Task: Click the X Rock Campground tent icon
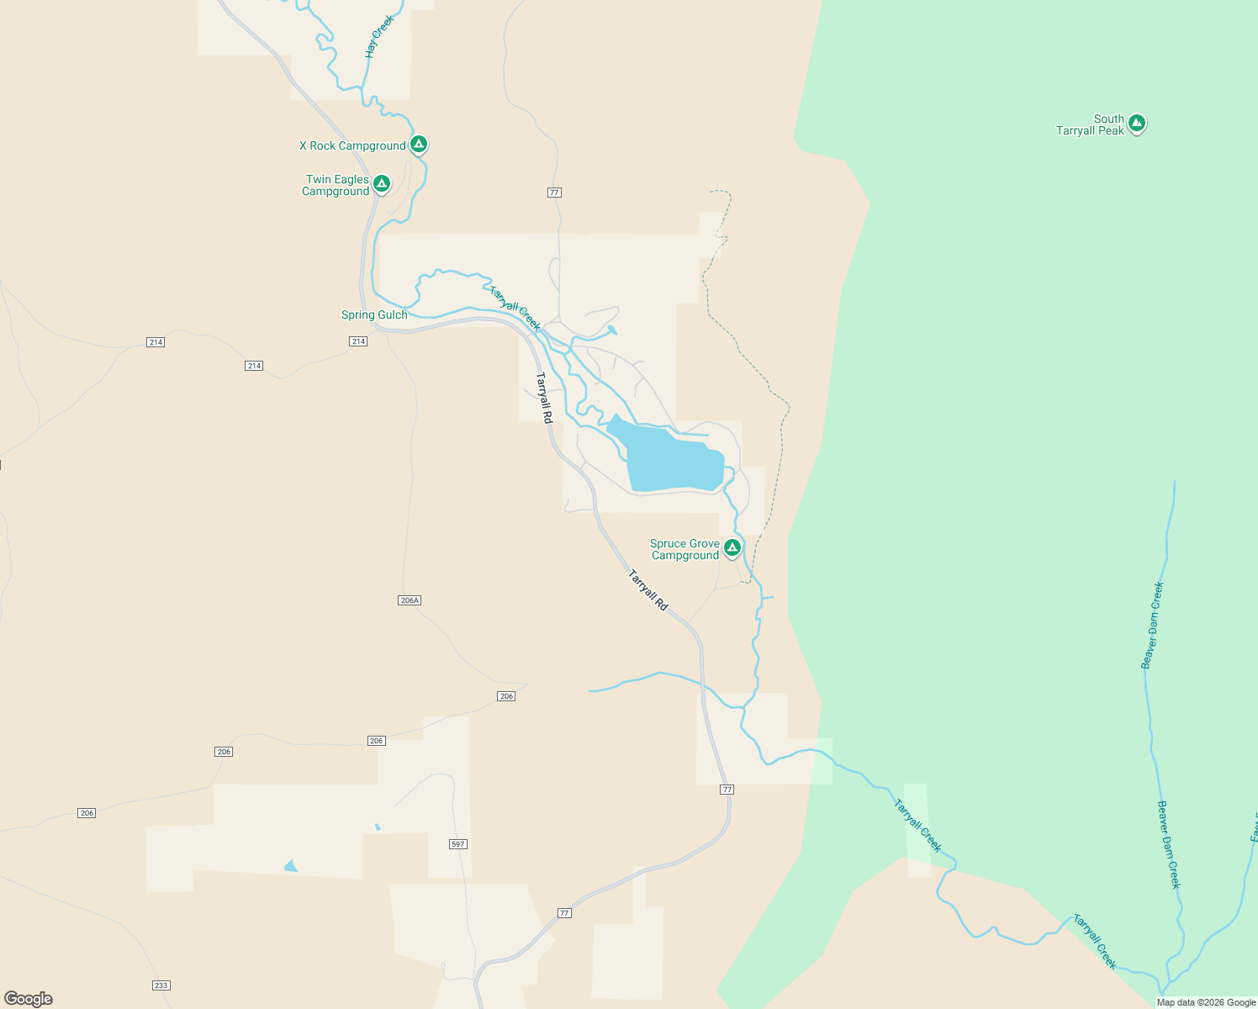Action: pyautogui.click(x=419, y=144)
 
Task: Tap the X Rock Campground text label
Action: pyautogui.click(x=352, y=145)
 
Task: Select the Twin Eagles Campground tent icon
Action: pyautogui.click(x=382, y=183)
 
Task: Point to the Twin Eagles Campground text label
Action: pyautogui.click(x=336, y=185)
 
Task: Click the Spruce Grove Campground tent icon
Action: pyautogui.click(x=732, y=548)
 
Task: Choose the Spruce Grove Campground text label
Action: pyautogui.click(x=684, y=549)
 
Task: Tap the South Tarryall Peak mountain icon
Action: pyautogui.click(x=1137, y=124)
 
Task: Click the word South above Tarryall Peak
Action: pyautogui.click(x=1108, y=119)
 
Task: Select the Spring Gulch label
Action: pyautogui.click(x=374, y=314)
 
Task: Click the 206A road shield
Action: pyautogui.click(x=410, y=600)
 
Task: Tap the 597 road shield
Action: pyautogui.click(x=457, y=843)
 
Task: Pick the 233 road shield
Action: pyautogui.click(x=161, y=985)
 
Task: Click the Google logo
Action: pyautogui.click(x=29, y=999)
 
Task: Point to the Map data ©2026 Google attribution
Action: pyautogui.click(x=1206, y=1002)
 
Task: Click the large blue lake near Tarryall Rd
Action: pyautogui.click(x=673, y=461)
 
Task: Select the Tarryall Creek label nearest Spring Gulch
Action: pyautogui.click(x=515, y=309)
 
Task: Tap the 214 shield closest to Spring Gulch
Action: pyautogui.click(x=358, y=341)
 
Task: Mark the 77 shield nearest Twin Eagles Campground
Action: pyautogui.click(x=553, y=193)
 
